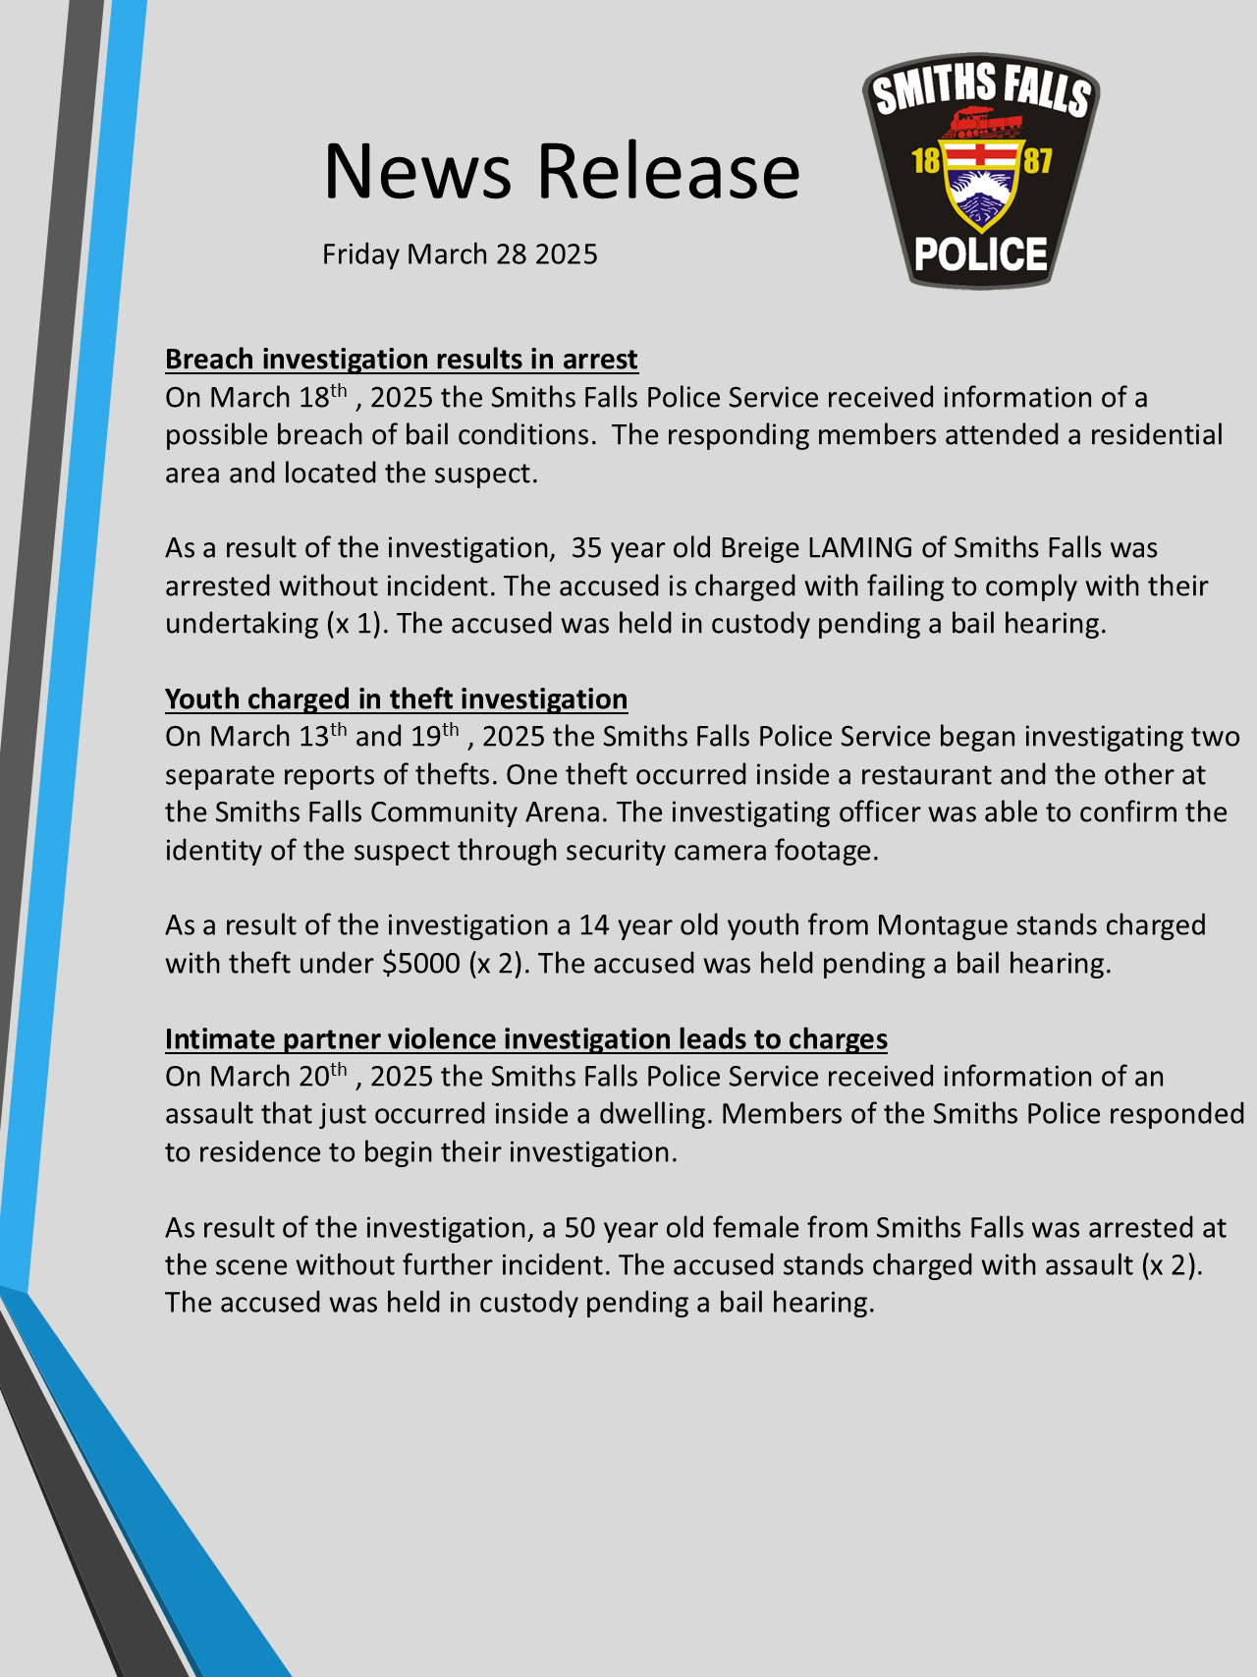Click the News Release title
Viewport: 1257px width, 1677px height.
coord(562,171)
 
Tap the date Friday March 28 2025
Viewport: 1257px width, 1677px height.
coord(460,254)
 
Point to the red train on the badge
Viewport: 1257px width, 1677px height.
coord(981,123)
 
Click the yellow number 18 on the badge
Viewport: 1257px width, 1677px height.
coord(926,160)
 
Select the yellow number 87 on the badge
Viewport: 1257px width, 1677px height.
coord(1037,160)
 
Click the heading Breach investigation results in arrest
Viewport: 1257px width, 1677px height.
coord(401,360)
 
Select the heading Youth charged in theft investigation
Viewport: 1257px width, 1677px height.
coord(396,699)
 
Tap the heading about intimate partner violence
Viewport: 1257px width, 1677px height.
coord(525,1038)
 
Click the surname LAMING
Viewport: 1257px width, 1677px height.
coord(860,548)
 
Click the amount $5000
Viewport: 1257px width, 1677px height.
coord(421,963)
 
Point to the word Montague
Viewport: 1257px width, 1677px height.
coord(942,925)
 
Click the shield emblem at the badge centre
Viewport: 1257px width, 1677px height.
coord(981,187)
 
